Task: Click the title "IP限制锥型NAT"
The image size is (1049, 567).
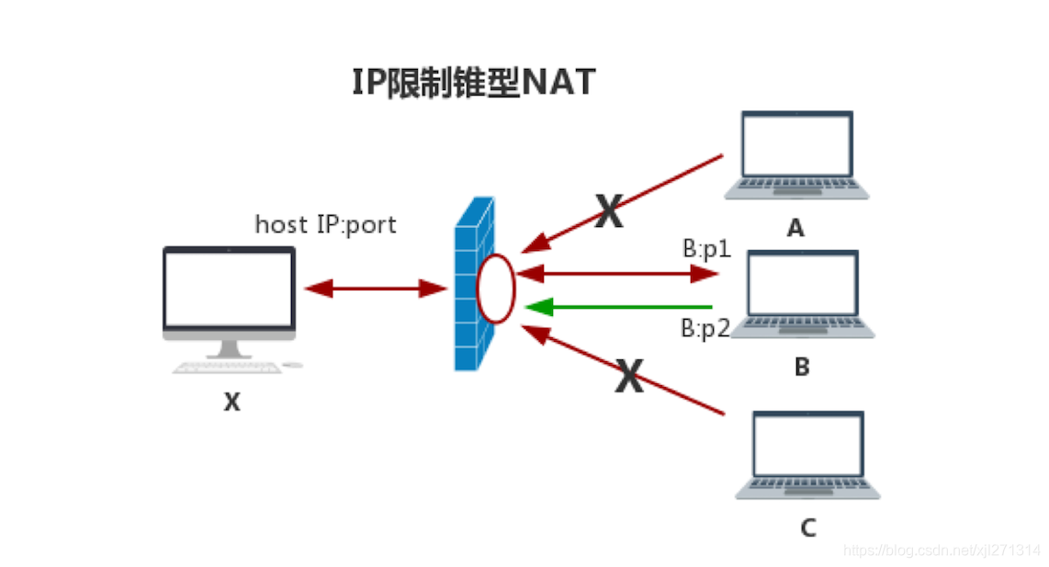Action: [474, 82]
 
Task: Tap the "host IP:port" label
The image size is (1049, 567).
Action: [325, 224]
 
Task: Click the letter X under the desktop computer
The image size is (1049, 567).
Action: [231, 402]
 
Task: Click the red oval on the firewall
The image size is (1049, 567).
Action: [495, 289]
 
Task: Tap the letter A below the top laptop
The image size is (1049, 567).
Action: [795, 228]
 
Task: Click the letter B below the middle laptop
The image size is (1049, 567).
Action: [801, 368]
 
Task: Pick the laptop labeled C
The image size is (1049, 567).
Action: [807, 455]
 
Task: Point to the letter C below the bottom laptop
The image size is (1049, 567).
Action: [807, 527]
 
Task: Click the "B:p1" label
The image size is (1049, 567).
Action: [706, 249]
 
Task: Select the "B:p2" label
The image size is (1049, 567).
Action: [705, 328]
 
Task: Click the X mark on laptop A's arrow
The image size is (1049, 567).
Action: [608, 212]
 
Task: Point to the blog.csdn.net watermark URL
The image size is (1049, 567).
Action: [942, 550]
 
